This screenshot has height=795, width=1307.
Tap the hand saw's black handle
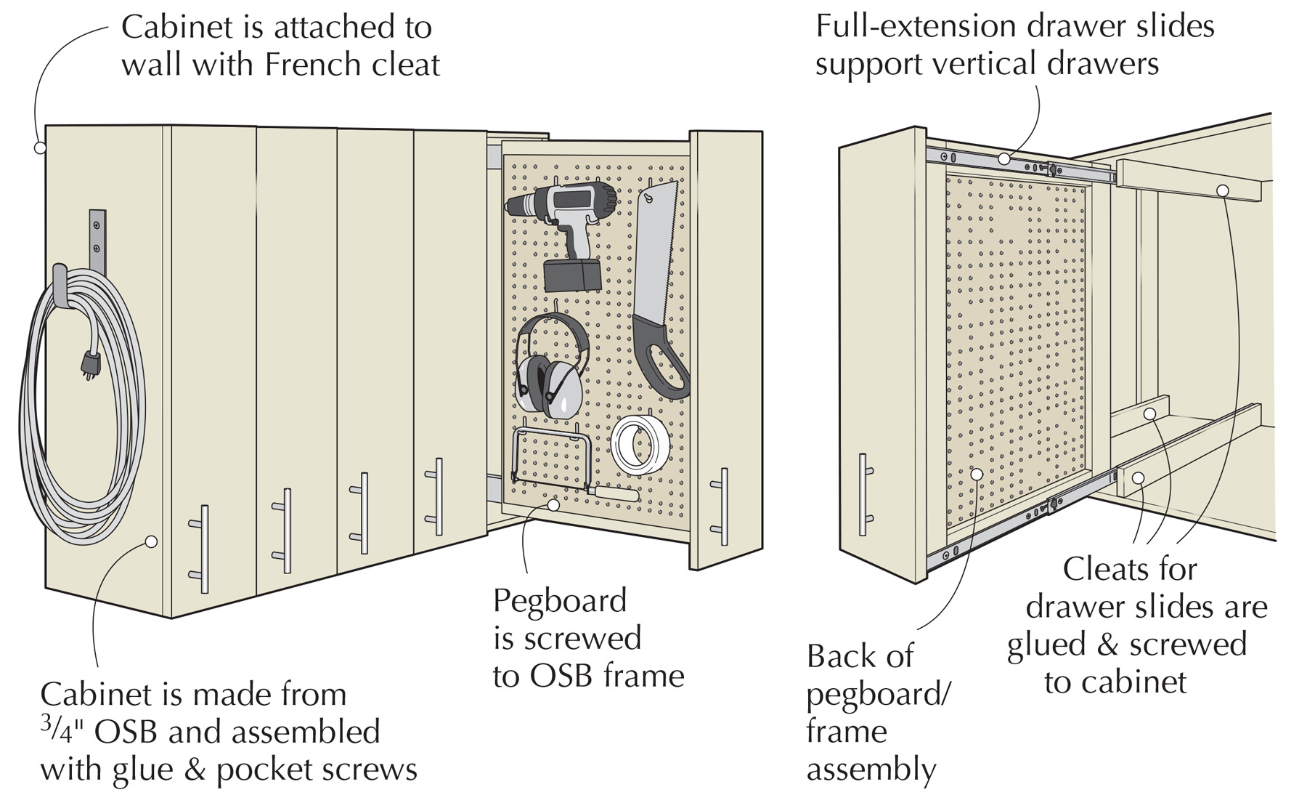coord(661,356)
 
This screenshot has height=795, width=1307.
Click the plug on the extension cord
coord(90,363)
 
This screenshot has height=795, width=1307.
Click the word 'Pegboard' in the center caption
coord(559,602)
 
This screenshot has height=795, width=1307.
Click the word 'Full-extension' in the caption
coord(911,27)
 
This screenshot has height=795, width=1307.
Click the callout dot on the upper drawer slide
coord(1003,158)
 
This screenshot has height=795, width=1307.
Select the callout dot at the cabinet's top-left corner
coord(39,148)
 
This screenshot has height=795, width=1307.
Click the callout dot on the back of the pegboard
coord(977,475)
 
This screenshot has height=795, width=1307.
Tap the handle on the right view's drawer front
coord(863,494)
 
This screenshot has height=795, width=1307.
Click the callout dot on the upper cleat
coord(1223,191)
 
